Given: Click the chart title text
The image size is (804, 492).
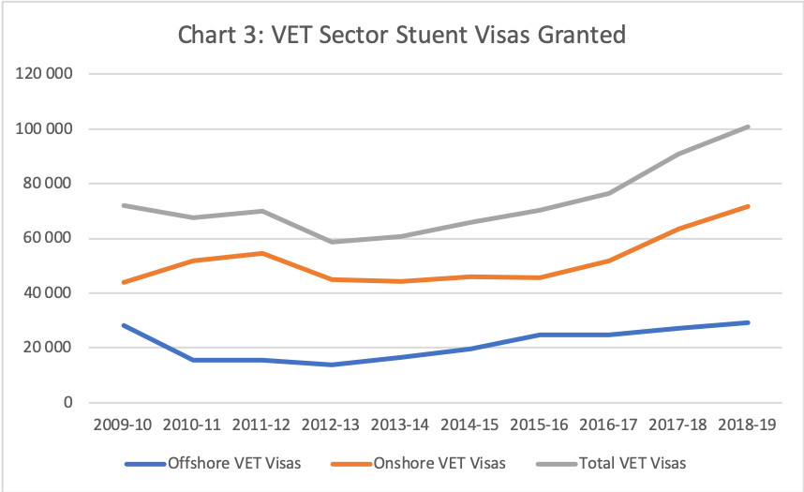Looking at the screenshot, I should (x=401, y=36).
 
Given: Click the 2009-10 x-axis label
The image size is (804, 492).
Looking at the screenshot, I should (x=123, y=425).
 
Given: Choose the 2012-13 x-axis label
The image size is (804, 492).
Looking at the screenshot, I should (x=332, y=425).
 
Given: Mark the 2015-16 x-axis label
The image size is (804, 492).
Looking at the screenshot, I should (x=540, y=425).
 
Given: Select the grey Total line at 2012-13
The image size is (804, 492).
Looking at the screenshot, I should (x=332, y=242).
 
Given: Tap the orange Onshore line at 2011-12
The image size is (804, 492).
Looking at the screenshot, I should (x=262, y=253).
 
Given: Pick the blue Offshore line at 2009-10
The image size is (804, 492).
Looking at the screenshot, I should (x=123, y=325).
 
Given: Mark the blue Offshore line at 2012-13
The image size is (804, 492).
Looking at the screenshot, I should (x=332, y=365).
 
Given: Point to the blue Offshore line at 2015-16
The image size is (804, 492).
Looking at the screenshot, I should (x=540, y=335).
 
